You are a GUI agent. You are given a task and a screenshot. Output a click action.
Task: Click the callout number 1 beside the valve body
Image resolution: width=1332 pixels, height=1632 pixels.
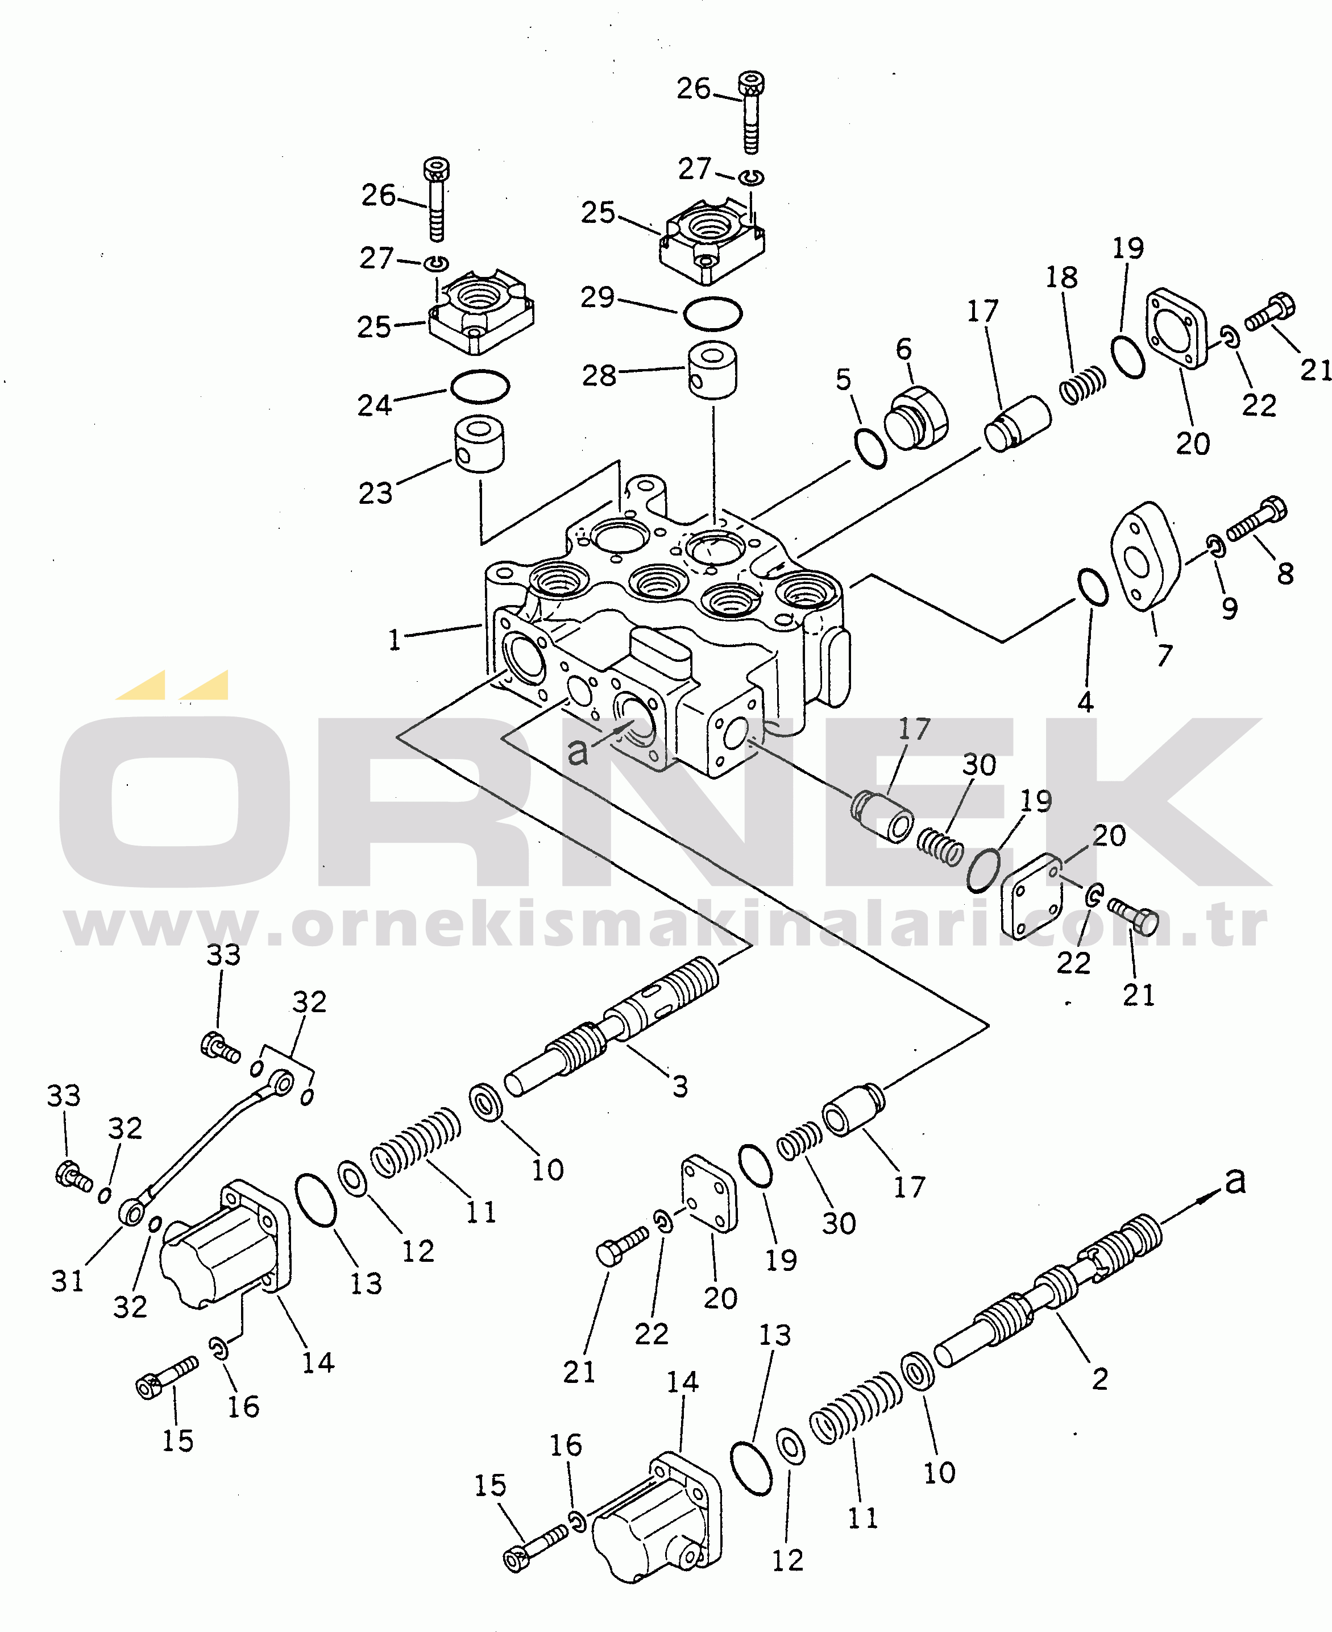(x=395, y=639)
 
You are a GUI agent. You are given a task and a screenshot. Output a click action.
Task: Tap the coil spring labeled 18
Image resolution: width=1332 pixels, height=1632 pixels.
(x=1082, y=384)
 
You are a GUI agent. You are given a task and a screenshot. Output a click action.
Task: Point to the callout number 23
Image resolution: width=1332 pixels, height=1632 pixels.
(x=375, y=492)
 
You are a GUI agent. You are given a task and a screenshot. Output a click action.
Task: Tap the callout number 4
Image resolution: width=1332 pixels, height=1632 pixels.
(x=1085, y=701)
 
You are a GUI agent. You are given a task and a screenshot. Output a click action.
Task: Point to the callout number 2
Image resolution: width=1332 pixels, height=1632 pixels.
(x=1099, y=1379)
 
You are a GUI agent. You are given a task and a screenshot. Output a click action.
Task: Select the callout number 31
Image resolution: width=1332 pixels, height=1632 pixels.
(x=68, y=1281)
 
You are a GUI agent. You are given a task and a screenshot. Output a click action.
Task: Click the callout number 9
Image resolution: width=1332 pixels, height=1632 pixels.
(x=1229, y=608)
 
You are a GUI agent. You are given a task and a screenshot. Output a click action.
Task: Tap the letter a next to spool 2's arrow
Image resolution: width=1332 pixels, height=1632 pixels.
(x=1235, y=1181)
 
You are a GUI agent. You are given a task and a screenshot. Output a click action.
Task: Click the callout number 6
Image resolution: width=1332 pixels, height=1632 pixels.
(x=904, y=349)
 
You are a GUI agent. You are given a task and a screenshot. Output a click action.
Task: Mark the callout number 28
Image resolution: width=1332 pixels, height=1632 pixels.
(x=599, y=375)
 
